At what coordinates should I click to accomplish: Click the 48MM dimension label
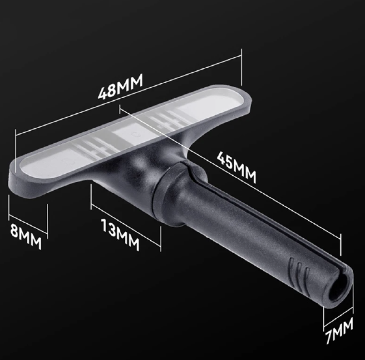coord(120,87)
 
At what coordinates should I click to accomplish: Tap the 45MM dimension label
coord(237,167)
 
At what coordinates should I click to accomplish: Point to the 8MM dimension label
coord(26,236)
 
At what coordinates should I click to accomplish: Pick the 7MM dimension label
coord(339,331)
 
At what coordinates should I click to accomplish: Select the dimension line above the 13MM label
coord(126,225)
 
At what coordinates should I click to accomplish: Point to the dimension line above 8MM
coord(28,224)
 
